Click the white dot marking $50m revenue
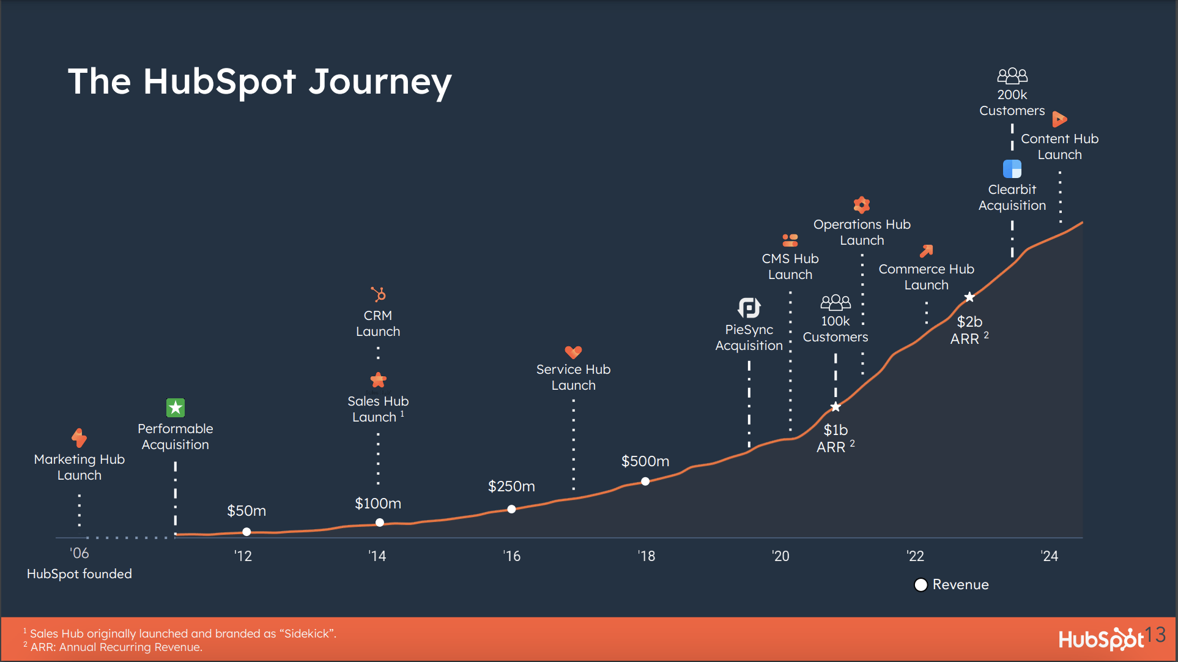tap(246, 532)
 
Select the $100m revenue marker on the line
tap(380, 523)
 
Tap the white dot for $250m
tap(511, 509)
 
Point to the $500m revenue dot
tap(645, 482)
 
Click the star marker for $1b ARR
tap(835, 407)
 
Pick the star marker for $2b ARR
tap(969, 297)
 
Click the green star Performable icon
tap(176, 407)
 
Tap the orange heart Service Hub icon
tap(573, 352)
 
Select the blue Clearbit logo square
tap(1012, 169)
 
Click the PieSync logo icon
tap(749, 308)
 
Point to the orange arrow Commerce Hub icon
tap(927, 251)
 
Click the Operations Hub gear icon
tap(862, 204)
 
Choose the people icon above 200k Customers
tap(1012, 76)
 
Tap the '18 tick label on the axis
tap(646, 556)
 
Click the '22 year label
tap(916, 556)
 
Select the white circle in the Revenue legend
tap(921, 585)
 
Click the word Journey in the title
tap(380, 83)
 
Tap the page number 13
tap(1155, 634)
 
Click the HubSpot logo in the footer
tap(1101, 639)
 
